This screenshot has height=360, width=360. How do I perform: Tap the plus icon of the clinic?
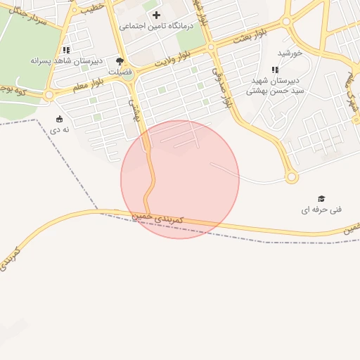(x=156, y=15)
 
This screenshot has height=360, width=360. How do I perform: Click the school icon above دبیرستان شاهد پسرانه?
(x=66, y=50)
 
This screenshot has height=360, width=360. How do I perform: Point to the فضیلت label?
(x=120, y=72)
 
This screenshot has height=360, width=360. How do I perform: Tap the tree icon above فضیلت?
(x=120, y=61)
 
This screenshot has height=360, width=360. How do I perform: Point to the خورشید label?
(x=290, y=53)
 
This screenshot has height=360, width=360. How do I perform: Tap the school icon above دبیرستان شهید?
(x=275, y=70)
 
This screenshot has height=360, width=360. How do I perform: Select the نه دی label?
(x=59, y=130)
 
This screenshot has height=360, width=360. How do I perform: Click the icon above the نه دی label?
(x=59, y=119)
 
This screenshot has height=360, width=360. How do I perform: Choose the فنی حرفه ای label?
(x=321, y=210)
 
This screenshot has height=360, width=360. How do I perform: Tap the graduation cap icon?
(x=321, y=199)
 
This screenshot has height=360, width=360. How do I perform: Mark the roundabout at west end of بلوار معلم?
(x=49, y=95)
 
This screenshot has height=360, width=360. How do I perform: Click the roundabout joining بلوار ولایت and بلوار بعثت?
(x=211, y=47)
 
